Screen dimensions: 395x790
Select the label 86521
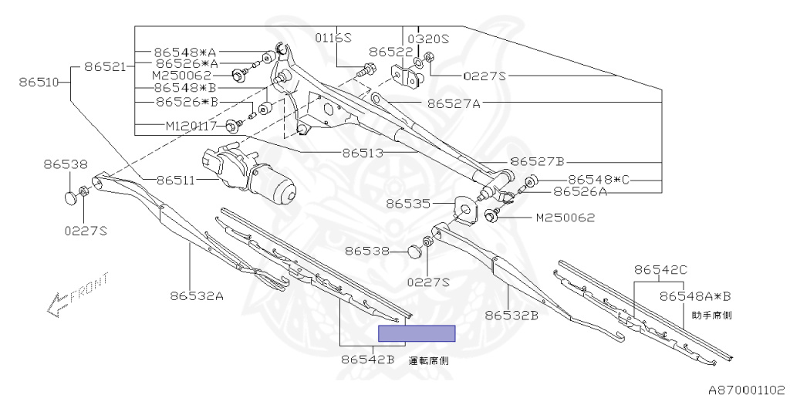105,67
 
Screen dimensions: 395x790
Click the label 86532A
197,295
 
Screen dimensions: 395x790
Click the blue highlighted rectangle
417,333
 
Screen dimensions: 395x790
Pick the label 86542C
660,270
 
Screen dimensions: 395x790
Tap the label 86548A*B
695,295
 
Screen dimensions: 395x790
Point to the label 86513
363,153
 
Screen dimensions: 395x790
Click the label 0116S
333,37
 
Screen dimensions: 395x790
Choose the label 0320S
428,38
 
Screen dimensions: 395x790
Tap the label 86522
390,52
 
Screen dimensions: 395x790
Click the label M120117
191,126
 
